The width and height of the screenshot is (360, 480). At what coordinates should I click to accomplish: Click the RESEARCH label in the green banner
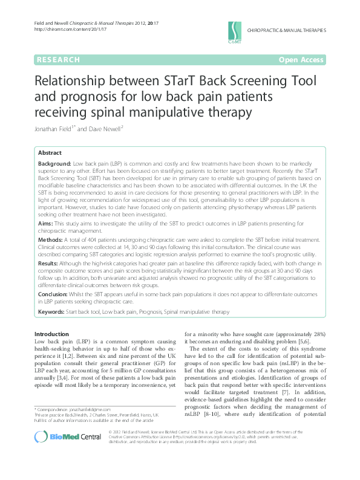point(58,60)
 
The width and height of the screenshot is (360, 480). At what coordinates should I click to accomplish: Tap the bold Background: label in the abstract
point(54,164)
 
